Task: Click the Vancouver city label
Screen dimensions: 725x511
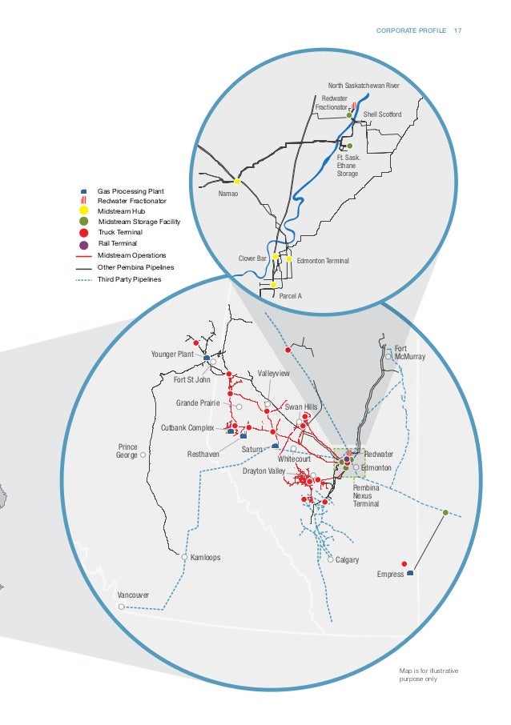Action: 133,596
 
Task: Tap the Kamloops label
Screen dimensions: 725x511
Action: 206,557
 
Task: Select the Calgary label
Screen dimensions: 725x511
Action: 348,559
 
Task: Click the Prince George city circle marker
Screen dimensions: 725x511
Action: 143,455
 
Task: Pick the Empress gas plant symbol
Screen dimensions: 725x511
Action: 410,573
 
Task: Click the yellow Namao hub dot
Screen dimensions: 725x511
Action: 237,182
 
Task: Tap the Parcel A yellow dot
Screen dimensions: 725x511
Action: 274,284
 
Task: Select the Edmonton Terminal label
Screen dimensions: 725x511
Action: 323,261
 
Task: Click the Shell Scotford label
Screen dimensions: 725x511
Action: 382,114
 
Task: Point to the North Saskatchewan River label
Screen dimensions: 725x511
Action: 364,85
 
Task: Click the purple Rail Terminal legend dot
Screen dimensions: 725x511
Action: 84,243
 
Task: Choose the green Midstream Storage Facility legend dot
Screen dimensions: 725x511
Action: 84,222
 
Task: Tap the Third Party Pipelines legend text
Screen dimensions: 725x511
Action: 129,279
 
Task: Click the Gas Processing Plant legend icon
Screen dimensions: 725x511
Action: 84,192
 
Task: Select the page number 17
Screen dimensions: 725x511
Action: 458,31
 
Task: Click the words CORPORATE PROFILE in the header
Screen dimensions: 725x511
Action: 411,31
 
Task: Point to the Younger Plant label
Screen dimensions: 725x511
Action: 172,354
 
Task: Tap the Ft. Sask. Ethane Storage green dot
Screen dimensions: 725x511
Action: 349,146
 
